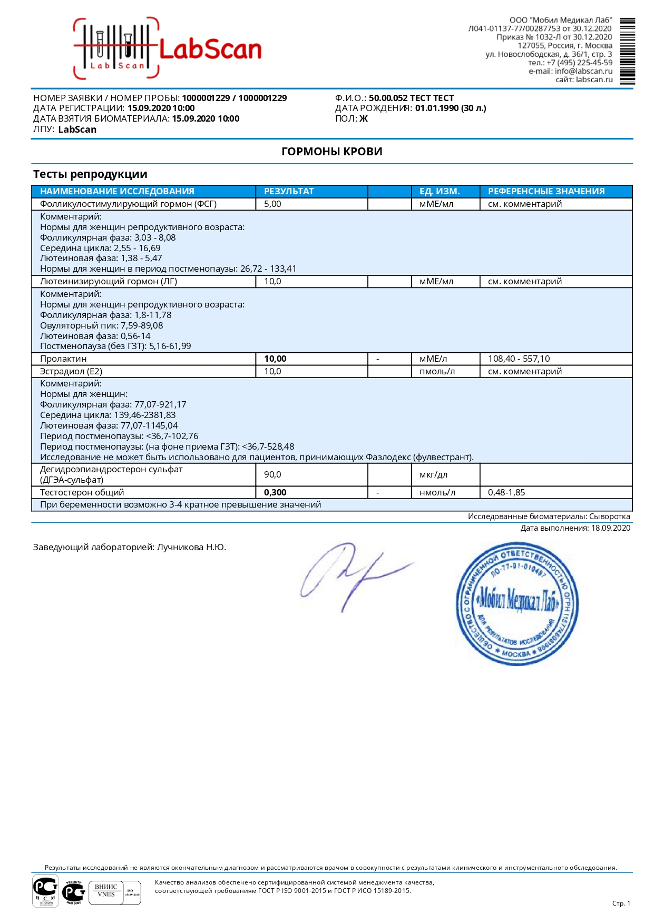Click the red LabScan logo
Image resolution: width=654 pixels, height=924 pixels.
(x=168, y=48)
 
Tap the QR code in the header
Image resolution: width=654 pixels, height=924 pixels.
(x=627, y=51)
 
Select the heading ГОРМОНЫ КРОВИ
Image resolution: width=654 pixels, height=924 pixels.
(x=332, y=152)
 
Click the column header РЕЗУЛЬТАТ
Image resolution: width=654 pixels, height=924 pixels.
(x=289, y=191)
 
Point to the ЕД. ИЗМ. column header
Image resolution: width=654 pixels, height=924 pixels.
(x=440, y=191)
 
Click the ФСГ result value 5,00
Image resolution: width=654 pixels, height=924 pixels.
(x=272, y=204)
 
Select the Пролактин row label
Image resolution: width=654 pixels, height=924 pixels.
(x=63, y=359)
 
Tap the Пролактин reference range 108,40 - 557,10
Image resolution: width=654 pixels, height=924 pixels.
(x=519, y=359)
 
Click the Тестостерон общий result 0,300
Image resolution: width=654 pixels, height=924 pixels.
(x=275, y=492)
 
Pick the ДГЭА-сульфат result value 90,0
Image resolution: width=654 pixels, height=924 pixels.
(x=272, y=474)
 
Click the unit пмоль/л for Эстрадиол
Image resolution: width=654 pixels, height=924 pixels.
(x=437, y=371)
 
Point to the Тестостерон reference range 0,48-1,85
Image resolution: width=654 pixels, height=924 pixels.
(x=506, y=492)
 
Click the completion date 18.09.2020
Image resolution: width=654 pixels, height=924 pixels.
(x=610, y=528)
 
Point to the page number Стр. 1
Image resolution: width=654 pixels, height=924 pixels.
(x=621, y=903)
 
